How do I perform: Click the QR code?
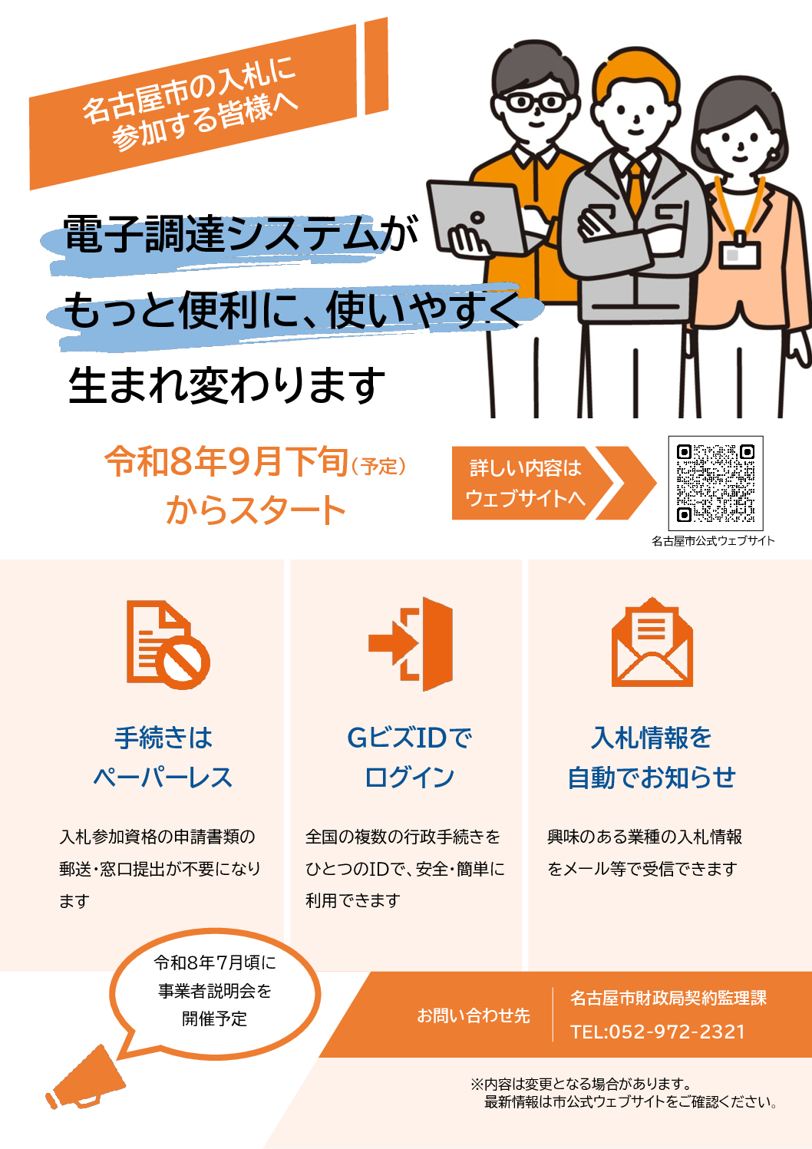pos(715,484)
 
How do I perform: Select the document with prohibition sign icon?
pos(168,645)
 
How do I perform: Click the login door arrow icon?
pos(411,644)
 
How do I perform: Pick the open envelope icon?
pos(652,642)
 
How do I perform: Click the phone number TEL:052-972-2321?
pos(657,1032)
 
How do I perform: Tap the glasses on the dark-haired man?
pos(536,102)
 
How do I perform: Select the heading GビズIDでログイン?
pos(409,758)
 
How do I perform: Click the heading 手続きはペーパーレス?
pos(163,758)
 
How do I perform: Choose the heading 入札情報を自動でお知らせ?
pos(652,758)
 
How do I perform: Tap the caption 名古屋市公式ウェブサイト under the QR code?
pos(713,540)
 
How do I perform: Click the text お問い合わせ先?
pos(473,1015)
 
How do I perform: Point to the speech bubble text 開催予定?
pos(214,1019)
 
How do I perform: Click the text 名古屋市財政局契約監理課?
pos(668,998)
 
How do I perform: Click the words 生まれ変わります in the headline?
pos(226,385)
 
